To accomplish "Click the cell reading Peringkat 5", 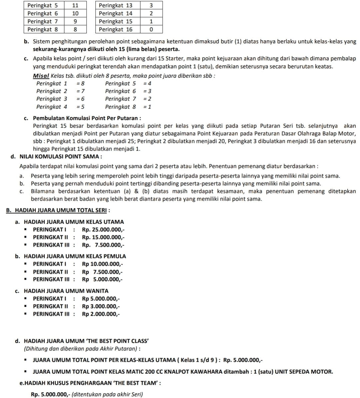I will pos(42,5).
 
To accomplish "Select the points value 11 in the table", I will pos(75,5).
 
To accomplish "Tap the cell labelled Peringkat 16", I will pos(115,29).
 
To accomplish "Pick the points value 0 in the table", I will pos(151,29).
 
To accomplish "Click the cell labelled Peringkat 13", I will pos(115,5).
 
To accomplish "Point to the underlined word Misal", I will pos(41,76).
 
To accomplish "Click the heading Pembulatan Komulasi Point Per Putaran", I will pos(87,118).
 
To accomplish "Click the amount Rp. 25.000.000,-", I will pos(103,229).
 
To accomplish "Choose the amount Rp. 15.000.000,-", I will pos(103,237).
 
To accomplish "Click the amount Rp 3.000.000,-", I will pos(101,306).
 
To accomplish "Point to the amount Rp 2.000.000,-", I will pos(101,314).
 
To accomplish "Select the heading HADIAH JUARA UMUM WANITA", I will pos(66,291).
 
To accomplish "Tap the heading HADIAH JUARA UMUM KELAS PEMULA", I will pos(75,256).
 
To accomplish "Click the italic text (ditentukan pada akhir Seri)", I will pos(107,394).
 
